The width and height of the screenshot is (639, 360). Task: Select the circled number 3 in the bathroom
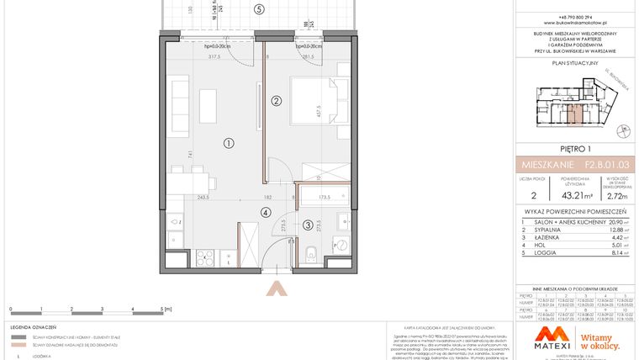click(308, 225)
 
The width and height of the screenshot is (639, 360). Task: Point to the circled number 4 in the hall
click(266, 213)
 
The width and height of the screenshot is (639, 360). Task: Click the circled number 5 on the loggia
click(259, 9)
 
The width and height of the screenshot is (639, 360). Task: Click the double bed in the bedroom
click(315, 105)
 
